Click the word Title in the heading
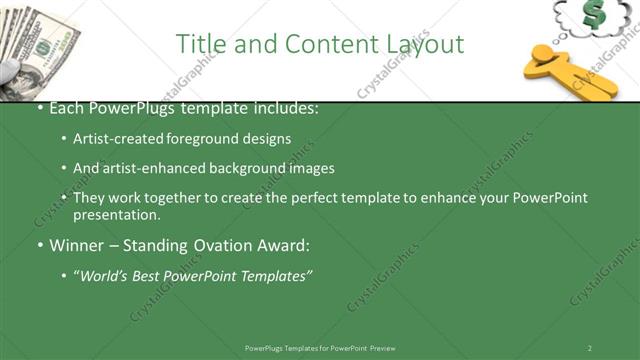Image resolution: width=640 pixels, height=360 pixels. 200,44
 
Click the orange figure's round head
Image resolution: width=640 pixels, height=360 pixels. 544,53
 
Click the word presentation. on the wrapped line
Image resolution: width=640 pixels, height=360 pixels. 116,214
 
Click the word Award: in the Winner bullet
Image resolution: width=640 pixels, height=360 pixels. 284,245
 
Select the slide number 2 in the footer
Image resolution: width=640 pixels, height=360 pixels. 590,348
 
